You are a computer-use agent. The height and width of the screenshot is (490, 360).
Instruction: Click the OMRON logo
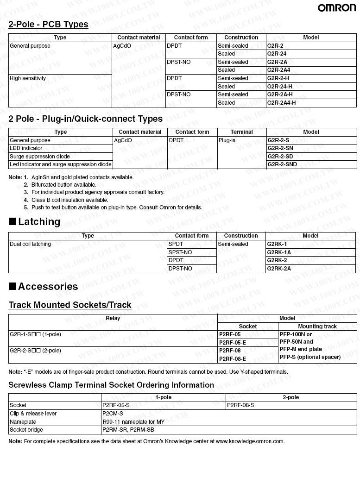tap(337, 8)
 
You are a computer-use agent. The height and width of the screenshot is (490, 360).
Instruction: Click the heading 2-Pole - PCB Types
tap(48, 24)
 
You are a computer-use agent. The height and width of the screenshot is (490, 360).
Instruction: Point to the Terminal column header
tap(241, 132)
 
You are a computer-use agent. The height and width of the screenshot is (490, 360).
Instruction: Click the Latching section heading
tap(39, 222)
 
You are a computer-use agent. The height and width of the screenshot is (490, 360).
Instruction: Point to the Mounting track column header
tap(317, 327)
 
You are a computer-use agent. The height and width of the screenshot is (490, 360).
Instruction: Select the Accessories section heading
tap(48, 287)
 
